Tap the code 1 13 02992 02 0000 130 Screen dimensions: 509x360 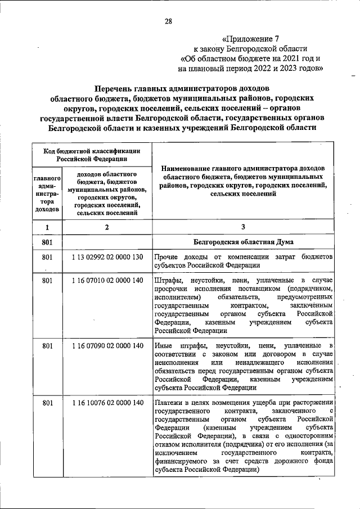108,257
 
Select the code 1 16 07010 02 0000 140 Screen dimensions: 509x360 108,280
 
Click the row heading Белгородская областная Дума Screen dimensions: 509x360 242,242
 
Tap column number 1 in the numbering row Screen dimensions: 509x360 47,227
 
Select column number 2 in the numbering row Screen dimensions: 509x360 107,227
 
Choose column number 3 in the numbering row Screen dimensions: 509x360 243,227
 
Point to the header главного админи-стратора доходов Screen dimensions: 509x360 47,193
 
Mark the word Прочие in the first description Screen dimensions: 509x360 167,257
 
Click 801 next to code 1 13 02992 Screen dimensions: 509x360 47,257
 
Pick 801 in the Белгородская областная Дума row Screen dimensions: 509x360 47,242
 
